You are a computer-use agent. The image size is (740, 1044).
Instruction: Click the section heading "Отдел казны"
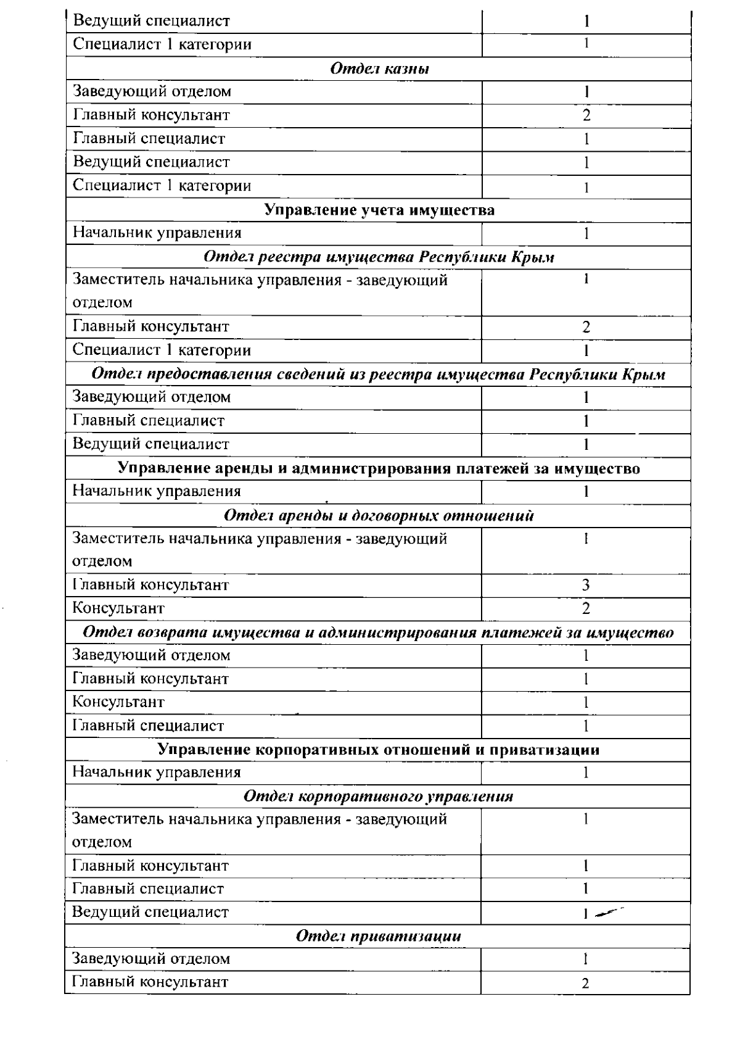380,68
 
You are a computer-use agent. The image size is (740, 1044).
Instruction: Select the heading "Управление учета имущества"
379,210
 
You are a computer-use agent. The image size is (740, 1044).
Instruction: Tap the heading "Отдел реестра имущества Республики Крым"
379,257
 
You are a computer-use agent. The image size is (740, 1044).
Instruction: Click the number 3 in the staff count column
586,585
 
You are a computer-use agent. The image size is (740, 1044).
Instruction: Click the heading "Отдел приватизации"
379,936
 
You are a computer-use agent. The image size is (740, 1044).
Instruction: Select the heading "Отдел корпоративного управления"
379,796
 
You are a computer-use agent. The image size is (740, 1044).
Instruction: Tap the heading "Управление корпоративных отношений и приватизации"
379,750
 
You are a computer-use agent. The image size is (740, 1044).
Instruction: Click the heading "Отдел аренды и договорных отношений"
379,515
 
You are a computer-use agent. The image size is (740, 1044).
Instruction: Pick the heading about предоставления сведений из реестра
379,375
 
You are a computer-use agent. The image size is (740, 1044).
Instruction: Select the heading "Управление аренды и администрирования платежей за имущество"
379,468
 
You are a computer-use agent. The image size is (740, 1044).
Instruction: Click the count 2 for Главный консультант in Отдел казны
586,115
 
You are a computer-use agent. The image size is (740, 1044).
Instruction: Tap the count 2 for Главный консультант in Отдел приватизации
586,984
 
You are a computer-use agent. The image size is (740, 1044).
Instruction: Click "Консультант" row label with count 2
119,608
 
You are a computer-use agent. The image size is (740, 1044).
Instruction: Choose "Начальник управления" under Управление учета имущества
157,233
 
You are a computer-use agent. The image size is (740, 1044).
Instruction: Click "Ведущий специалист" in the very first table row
152,21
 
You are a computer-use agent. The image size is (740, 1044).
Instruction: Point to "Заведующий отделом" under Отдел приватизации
152,959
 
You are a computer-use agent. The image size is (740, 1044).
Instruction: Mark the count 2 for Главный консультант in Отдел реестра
586,327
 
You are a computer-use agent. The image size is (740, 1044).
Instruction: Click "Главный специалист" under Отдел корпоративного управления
149,889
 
